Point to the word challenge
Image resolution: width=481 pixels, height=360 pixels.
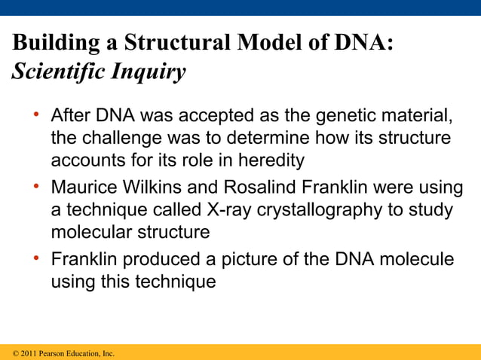tap(121, 139)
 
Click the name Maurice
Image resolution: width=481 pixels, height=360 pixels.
tap(83, 188)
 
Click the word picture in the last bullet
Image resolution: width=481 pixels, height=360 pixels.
tap(230, 261)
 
